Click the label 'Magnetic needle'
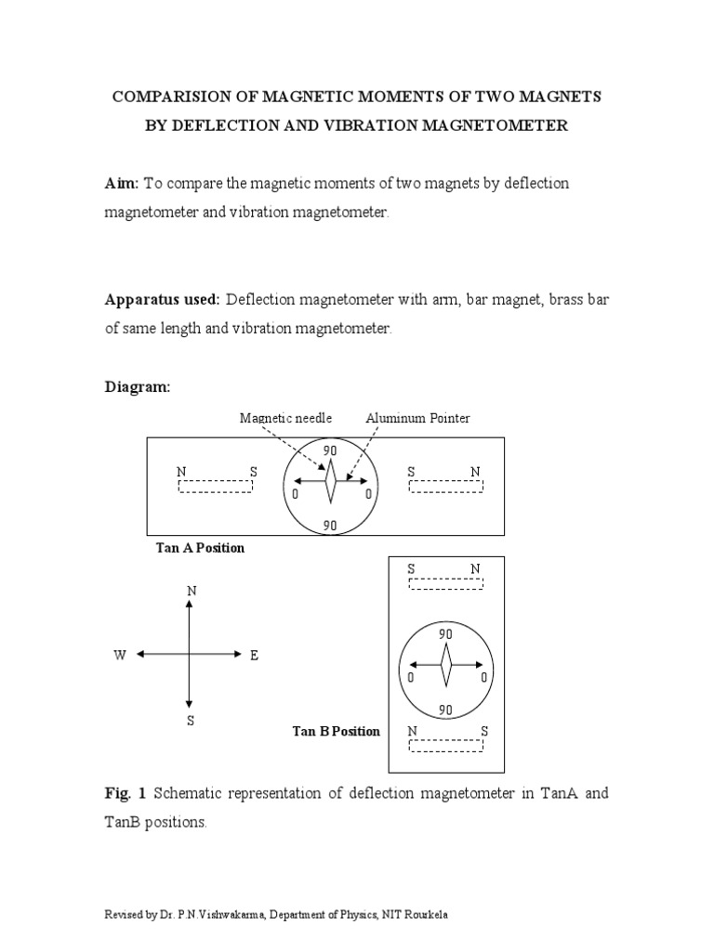tap(285, 419)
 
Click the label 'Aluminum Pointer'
tap(417, 419)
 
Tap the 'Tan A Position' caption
tap(201, 548)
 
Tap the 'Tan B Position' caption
tap(337, 731)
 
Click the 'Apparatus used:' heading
tap(162, 300)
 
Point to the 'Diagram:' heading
tap(138, 388)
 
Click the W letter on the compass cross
tap(120, 656)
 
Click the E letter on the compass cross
tap(253, 656)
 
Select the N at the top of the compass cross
tap(192, 592)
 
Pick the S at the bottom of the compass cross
tap(191, 722)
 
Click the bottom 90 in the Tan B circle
tap(445, 710)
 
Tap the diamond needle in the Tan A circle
tap(329, 480)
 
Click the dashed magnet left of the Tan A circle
tap(216, 487)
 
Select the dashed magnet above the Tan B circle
tap(446, 583)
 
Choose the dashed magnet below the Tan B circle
tap(446, 746)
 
